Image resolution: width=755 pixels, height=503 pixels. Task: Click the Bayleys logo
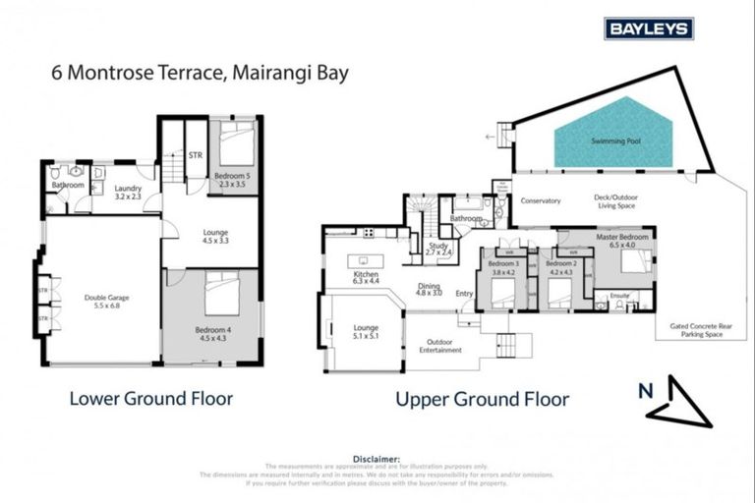649,28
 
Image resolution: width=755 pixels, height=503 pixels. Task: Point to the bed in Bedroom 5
236,145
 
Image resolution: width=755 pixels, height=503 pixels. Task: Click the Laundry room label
129,193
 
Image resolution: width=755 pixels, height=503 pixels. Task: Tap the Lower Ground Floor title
150,399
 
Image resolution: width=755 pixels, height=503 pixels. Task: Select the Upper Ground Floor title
482,399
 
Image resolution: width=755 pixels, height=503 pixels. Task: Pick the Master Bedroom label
622,242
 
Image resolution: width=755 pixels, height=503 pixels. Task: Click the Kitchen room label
366,276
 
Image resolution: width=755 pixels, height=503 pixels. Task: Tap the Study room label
438,248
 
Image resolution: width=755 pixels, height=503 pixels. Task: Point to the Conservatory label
541,201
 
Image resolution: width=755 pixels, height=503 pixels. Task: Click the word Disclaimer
377,458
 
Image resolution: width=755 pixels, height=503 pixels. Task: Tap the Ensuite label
619,294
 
